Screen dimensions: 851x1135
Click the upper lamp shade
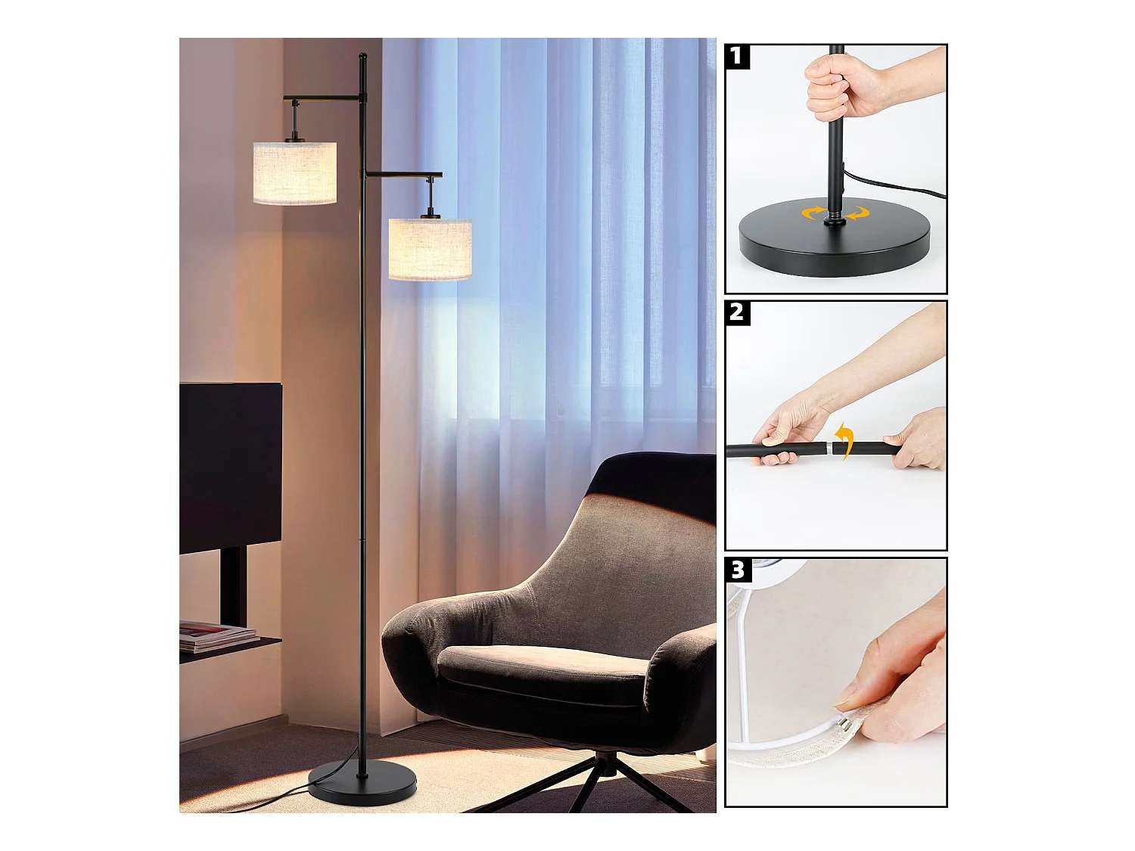pyautogui.click(x=294, y=172)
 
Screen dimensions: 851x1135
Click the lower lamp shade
pyautogui.click(x=430, y=249)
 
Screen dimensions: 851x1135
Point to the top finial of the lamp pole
pyautogui.click(x=362, y=57)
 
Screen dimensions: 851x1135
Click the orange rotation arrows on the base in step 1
pyautogui.click(x=835, y=213)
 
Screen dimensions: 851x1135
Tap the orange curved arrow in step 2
pyautogui.click(x=845, y=441)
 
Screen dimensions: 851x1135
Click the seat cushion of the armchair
pyautogui.click(x=541, y=669)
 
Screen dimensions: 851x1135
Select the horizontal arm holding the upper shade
pyautogui.click(x=322, y=98)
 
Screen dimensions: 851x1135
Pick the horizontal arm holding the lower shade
pyautogui.click(x=403, y=174)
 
